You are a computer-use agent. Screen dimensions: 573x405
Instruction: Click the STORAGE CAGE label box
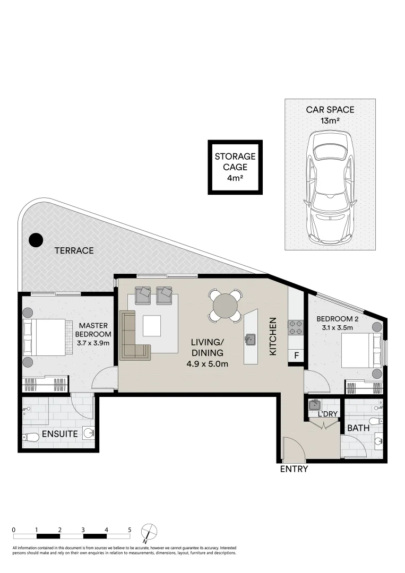[x=235, y=167]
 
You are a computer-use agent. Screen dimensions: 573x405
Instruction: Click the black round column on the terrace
[x=36, y=240]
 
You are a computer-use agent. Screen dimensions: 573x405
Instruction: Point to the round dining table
[x=225, y=306]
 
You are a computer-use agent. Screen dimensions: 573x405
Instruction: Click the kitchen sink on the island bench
[x=250, y=338]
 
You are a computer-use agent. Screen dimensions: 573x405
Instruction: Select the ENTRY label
[x=294, y=469]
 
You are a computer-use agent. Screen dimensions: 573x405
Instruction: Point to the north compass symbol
[x=150, y=532]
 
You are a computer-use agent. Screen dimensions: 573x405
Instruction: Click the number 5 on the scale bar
[x=130, y=529]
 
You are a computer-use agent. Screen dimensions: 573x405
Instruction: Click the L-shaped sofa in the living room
[x=133, y=337]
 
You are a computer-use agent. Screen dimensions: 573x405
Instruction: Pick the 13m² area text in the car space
[x=330, y=121]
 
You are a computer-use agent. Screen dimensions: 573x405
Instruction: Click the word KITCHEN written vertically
[x=273, y=336]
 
